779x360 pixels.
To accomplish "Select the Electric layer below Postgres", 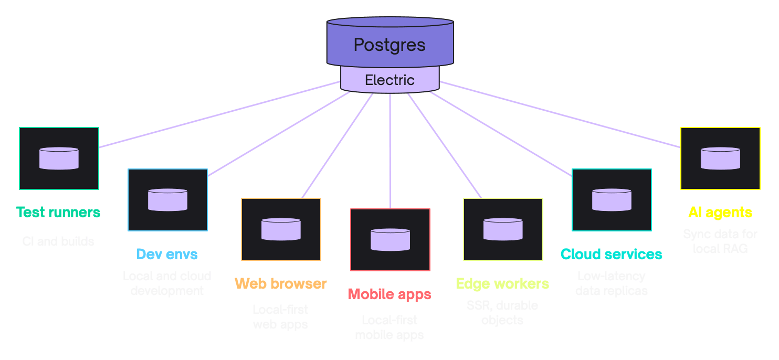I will pyautogui.click(x=389, y=80).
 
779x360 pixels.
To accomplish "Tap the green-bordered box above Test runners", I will pyautogui.click(x=59, y=158).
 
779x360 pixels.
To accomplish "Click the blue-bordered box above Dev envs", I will pyautogui.click(x=167, y=200).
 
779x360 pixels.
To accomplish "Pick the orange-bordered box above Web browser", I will pyautogui.click(x=281, y=229).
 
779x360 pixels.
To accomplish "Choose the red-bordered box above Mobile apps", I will pyautogui.click(x=390, y=240).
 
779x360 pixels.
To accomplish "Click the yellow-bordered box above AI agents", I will pyautogui.click(x=720, y=158).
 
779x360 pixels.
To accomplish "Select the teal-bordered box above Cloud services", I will pyautogui.click(x=612, y=200).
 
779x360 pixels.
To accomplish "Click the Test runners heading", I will pyautogui.click(x=58, y=213).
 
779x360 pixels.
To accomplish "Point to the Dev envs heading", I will pyautogui.click(x=167, y=255).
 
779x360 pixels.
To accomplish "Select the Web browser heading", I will pyautogui.click(x=281, y=284).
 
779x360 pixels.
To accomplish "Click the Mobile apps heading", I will pyautogui.click(x=389, y=294).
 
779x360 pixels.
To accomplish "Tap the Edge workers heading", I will pyautogui.click(x=502, y=284).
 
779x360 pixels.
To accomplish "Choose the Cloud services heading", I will pyautogui.click(x=611, y=255).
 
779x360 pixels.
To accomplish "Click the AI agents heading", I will pyautogui.click(x=720, y=213).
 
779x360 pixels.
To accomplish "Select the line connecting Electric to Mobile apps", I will pyautogui.click(x=390, y=152).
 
